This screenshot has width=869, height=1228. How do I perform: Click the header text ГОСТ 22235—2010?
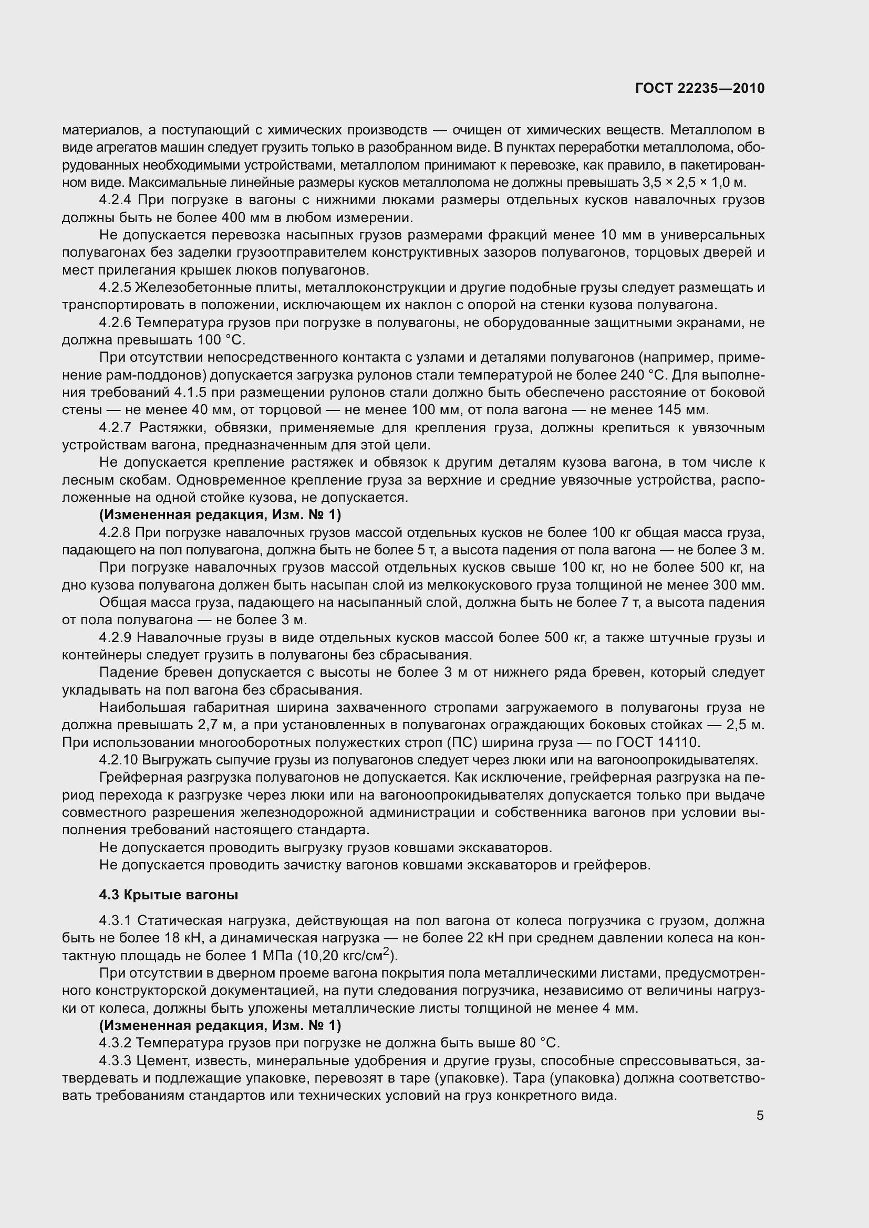(x=700, y=88)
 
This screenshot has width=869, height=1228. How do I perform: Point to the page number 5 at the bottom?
(x=760, y=1116)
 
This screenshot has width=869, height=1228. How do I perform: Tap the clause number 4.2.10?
(x=118, y=760)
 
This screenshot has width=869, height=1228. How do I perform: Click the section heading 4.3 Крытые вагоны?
(x=169, y=895)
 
